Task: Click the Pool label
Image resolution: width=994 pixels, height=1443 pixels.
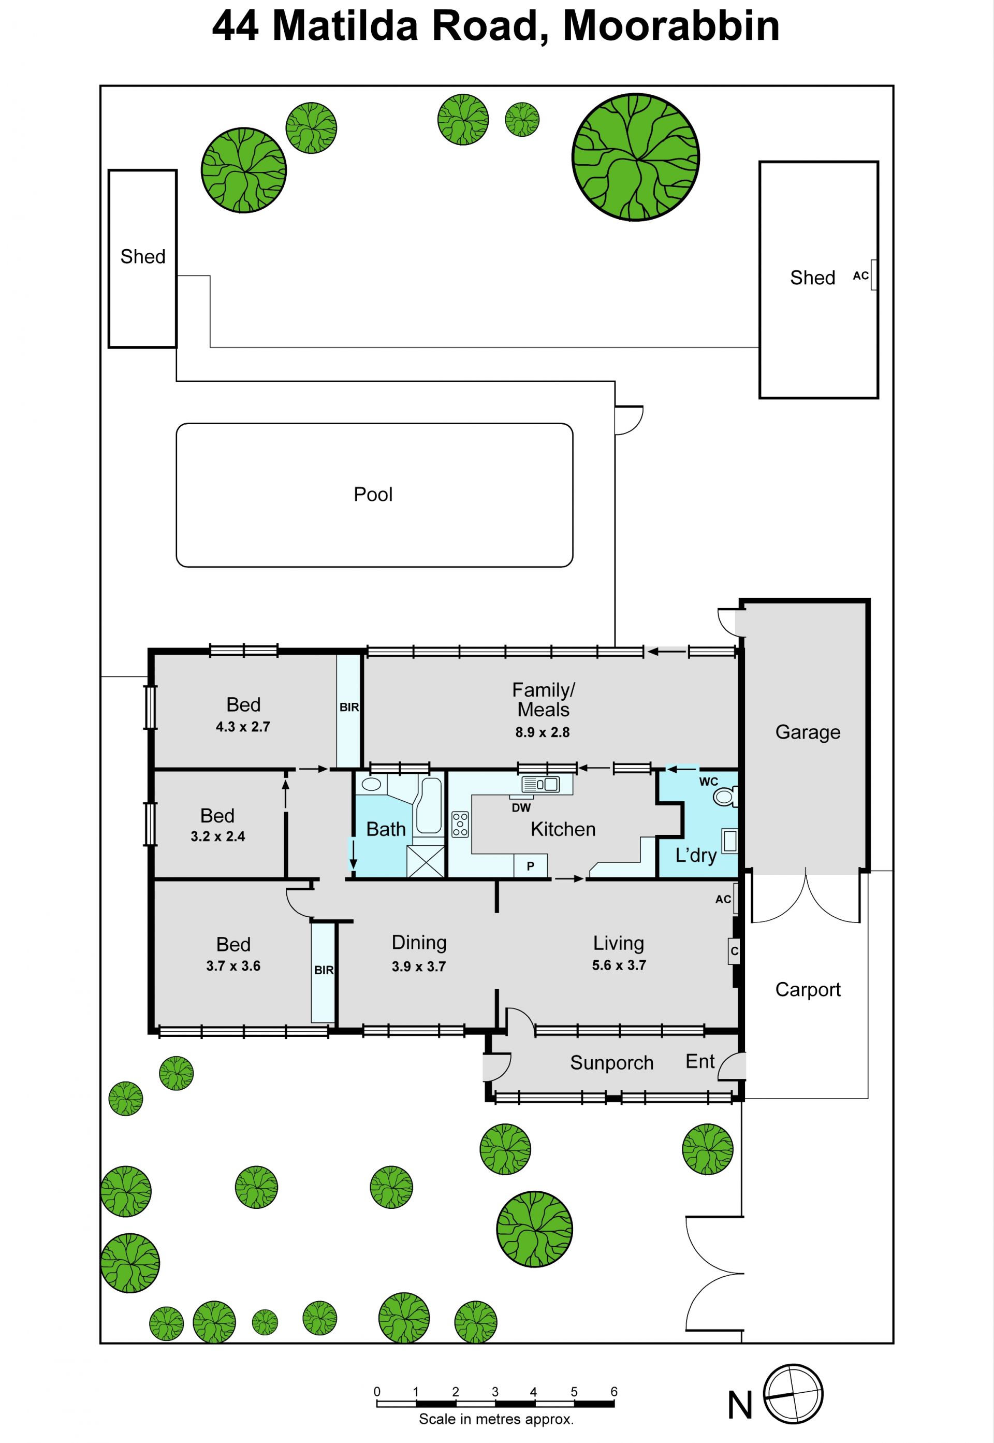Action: (x=373, y=495)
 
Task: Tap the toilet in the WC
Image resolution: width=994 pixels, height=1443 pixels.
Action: (x=726, y=796)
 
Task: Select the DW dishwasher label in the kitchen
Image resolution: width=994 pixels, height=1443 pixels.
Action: (x=521, y=807)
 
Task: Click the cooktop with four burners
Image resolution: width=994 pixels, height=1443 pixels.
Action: (x=460, y=824)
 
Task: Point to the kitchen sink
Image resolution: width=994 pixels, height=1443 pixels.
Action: (x=540, y=784)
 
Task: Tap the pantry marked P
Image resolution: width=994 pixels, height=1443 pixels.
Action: (x=531, y=865)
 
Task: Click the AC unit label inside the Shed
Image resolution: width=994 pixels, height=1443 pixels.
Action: (x=861, y=276)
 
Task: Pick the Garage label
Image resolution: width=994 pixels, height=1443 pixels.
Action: (x=808, y=732)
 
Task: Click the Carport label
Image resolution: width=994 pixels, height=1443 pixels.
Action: (x=808, y=989)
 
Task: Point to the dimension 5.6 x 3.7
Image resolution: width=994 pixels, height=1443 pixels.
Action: (x=619, y=965)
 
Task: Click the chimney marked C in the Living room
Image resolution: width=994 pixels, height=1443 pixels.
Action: (x=734, y=951)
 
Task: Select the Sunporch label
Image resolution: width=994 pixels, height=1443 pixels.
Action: (x=611, y=1062)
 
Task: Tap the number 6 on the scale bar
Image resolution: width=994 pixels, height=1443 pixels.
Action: (x=614, y=1391)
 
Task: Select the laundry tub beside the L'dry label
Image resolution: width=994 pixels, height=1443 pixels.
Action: (x=729, y=841)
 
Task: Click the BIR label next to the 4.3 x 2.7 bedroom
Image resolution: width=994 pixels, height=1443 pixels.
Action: (x=349, y=707)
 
